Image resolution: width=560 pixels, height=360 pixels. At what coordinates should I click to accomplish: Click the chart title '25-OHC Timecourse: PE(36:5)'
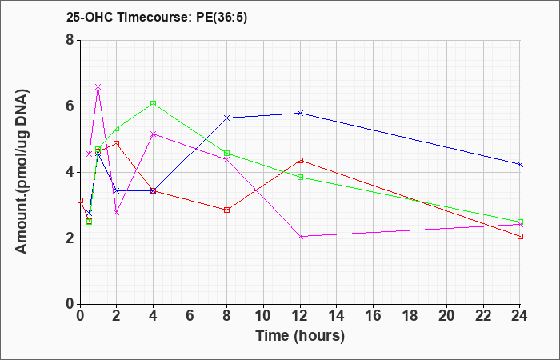click(x=157, y=17)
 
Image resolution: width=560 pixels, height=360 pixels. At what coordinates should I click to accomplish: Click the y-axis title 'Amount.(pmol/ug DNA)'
click(x=22, y=172)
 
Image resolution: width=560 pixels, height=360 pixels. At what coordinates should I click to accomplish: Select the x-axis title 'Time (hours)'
click(x=300, y=336)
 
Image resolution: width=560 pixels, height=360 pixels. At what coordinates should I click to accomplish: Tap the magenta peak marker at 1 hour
click(x=98, y=86)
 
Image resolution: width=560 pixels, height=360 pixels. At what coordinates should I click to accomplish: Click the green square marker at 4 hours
click(x=154, y=103)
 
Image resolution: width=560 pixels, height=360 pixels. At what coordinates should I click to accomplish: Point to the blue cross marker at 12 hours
click(x=300, y=114)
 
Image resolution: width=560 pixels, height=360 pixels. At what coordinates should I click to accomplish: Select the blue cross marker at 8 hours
click(x=226, y=118)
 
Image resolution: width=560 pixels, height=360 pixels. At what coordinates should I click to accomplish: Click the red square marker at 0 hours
click(x=80, y=200)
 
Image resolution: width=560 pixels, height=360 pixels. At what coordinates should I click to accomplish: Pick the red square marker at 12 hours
click(x=300, y=160)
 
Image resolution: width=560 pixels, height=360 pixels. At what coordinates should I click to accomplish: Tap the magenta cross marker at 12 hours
click(x=300, y=237)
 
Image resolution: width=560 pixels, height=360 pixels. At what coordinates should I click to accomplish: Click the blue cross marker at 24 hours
click(x=520, y=164)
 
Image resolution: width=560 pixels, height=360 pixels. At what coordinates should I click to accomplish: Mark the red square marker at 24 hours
click(x=520, y=237)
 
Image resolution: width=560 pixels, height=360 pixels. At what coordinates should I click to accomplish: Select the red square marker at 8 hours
click(x=226, y=210)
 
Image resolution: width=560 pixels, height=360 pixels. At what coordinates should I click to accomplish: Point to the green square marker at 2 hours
click(x=117, y=128)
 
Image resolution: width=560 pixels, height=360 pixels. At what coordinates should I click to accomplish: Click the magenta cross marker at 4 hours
click(x=154, y=134)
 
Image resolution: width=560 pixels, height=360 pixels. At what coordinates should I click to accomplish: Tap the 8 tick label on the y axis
click(x=70, y=40)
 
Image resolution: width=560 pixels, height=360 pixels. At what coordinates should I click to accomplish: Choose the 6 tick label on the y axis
click(x=70, y=106)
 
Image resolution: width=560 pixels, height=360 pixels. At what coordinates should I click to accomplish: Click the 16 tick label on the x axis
click(x=374, y=316)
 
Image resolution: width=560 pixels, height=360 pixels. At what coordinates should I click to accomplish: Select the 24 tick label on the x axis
click(x=520, y=316)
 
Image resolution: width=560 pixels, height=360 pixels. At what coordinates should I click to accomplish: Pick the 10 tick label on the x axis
click(x=263, y=316)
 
